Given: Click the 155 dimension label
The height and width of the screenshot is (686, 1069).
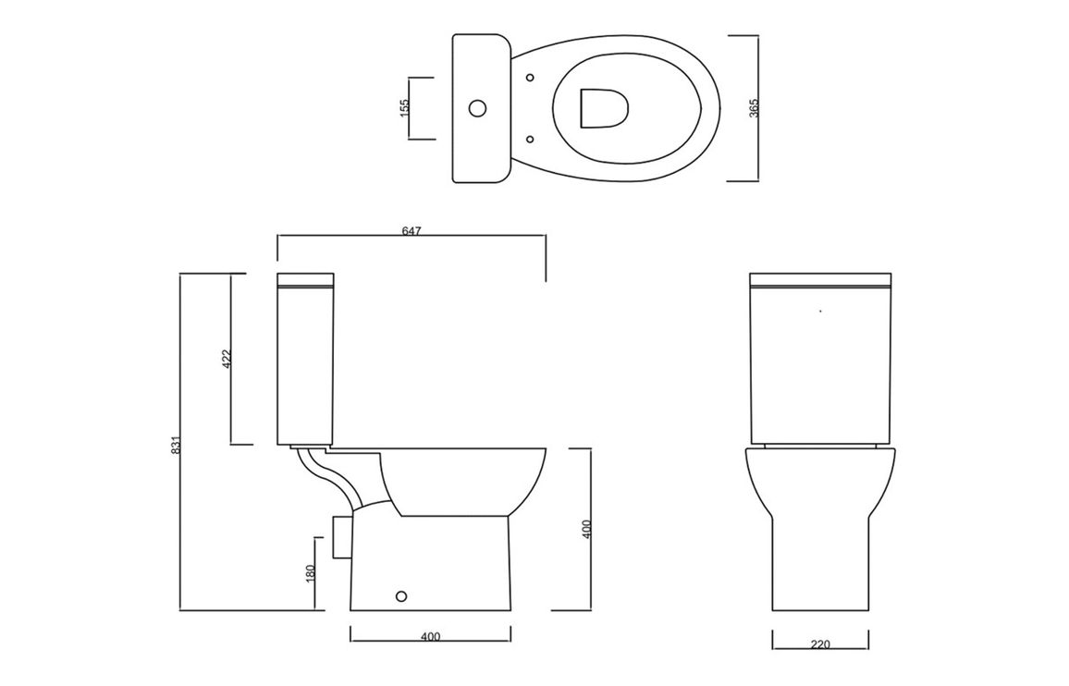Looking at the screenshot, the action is point(403,108).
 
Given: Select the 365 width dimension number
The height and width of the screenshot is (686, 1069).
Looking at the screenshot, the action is point(754,108).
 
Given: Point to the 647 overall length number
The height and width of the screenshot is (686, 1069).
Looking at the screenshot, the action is point(412,231).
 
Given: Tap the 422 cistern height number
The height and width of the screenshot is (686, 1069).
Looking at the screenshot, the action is point(227,359).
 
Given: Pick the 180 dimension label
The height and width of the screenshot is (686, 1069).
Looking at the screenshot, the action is point(310,573).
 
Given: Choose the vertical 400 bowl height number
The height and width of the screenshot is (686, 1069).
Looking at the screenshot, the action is point(587,529).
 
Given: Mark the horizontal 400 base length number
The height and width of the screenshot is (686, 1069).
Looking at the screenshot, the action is point(430,638).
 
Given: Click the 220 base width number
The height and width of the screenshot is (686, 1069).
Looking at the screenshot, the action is point(821,644).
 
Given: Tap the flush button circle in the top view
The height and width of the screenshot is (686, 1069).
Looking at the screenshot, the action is point(479,108).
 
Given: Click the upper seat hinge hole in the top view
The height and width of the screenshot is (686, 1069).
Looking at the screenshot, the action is point(531,77).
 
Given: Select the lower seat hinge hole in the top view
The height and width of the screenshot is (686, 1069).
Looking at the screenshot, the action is point(531,140).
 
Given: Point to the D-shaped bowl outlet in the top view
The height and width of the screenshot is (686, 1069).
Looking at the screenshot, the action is point(603,108).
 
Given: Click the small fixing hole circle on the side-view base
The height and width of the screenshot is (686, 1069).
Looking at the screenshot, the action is point(401,596).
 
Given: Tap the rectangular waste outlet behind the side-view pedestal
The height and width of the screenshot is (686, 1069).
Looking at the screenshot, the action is point(340,537).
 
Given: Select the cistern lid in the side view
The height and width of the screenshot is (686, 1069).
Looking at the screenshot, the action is point(305,281).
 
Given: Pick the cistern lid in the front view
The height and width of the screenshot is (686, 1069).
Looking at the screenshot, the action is point(821,280).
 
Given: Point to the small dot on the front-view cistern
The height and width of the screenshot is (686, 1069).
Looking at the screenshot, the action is point(820,311).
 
